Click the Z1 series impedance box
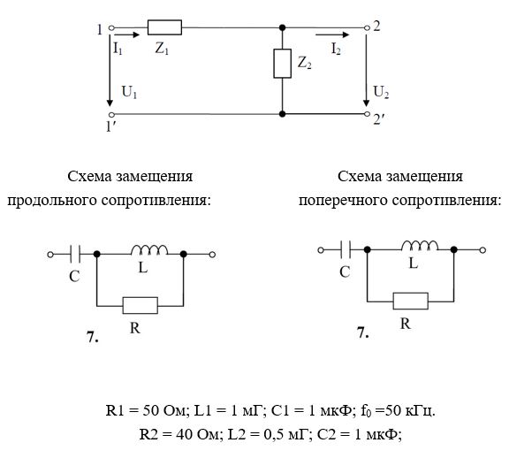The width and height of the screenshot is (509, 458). pos(164,27)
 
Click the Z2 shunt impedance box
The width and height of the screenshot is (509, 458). pos(282,64)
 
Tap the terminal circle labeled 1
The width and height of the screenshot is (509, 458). pos(111,28)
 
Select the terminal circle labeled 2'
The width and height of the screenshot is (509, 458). pos(367,114)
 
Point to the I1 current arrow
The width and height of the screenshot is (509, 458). pos(127,34)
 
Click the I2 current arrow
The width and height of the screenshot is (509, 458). pos(332,34)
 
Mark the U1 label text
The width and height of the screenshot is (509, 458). pos(129,92)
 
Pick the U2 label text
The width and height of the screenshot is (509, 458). pos(381,92)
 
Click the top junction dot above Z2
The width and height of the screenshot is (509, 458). pos(283,27)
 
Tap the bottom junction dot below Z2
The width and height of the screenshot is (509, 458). pos(283,114)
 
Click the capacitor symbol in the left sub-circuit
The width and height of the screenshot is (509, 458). pos(75,255)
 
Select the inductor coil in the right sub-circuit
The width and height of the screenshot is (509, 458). pos(420,246)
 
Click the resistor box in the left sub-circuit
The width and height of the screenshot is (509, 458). pos(141,305)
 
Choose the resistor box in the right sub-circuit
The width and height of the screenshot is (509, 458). pos(411,302)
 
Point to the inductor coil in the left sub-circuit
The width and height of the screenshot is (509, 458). pos(149,250)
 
